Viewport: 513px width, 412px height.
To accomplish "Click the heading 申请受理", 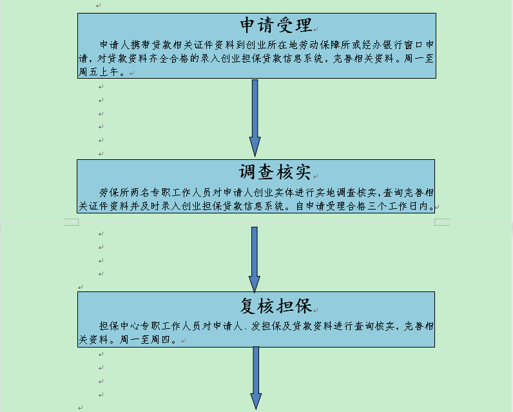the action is tap(276, 25).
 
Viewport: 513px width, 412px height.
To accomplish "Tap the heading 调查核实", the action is tap(275, 172).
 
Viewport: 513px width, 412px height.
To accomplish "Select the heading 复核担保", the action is tap(275, 306).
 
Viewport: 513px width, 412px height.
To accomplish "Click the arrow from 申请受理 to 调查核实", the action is tap(255, 118).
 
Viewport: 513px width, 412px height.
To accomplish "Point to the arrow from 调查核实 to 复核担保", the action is tap(255, 259).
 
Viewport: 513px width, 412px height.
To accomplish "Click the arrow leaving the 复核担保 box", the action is tap(256, 378).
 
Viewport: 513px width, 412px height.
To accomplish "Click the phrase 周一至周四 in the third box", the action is tap(144, 339).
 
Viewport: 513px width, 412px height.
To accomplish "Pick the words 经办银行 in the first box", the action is tap(383, 44).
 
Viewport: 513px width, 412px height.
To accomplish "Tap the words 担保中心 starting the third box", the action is tap(119, 326).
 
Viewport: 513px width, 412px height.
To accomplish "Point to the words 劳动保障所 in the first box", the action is tap(325, 44).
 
